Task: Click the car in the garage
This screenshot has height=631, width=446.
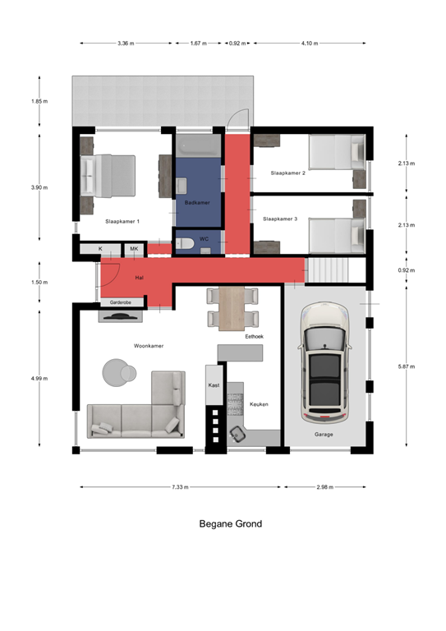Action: point(324,362)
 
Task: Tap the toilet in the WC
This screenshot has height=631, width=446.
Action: point(185,243)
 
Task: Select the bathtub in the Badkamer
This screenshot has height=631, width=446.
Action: point(198,145)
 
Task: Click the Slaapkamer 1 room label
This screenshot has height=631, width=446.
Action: point(122,221)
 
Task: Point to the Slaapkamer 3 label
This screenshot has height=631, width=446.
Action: point(280,219)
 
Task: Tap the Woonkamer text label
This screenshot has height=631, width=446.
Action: point(149,346)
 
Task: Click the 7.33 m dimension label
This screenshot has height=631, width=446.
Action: point(180,487)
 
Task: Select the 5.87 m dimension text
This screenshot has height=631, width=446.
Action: point(407,366)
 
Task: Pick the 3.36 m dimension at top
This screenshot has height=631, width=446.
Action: point(126,43)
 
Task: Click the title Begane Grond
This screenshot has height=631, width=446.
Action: point(231,523)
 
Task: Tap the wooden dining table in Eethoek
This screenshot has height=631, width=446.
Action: point(232,308)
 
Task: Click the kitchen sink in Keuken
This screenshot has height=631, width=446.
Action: point(237,434)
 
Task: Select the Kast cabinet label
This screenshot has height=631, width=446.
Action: point(214,385)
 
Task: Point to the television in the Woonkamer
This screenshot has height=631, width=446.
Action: point(121,316)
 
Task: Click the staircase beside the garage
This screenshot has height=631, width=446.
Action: point(328,270)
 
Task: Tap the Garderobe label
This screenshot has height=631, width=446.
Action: point(121,302)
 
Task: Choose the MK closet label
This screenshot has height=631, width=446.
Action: point(134,249)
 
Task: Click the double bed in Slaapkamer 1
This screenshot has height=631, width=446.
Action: point(108,176)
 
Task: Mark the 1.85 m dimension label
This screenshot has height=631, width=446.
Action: point(39,101)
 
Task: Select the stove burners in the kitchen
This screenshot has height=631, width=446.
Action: point(235,403)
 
